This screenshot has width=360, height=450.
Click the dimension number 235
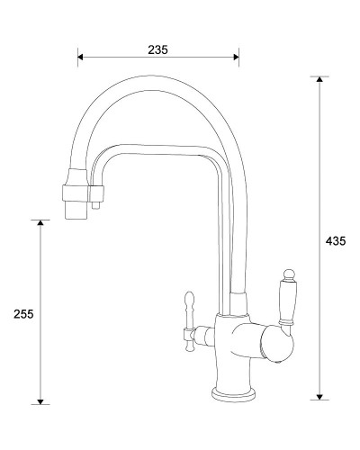(157, 49)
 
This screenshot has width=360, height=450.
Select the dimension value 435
(336, 240)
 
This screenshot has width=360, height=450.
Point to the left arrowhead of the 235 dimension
(81, 58)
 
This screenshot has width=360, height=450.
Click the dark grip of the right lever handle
(288, 302)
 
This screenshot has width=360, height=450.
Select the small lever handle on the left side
(189, 315)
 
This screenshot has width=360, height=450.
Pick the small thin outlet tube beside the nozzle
(94, 202)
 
